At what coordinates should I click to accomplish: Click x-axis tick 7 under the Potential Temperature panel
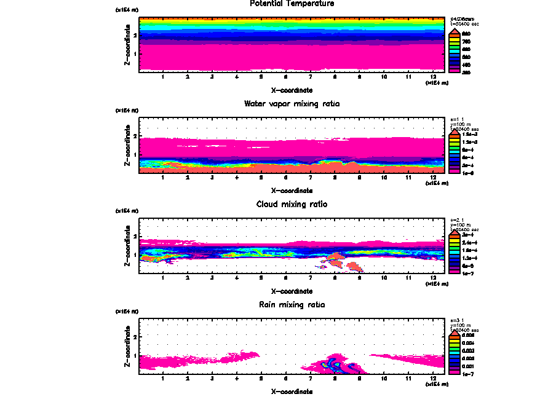311,77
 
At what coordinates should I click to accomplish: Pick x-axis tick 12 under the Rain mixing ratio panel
434,379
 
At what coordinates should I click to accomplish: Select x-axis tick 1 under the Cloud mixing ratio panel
163,278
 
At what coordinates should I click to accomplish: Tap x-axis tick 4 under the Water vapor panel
237,178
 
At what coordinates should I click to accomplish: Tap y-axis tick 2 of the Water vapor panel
134,136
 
